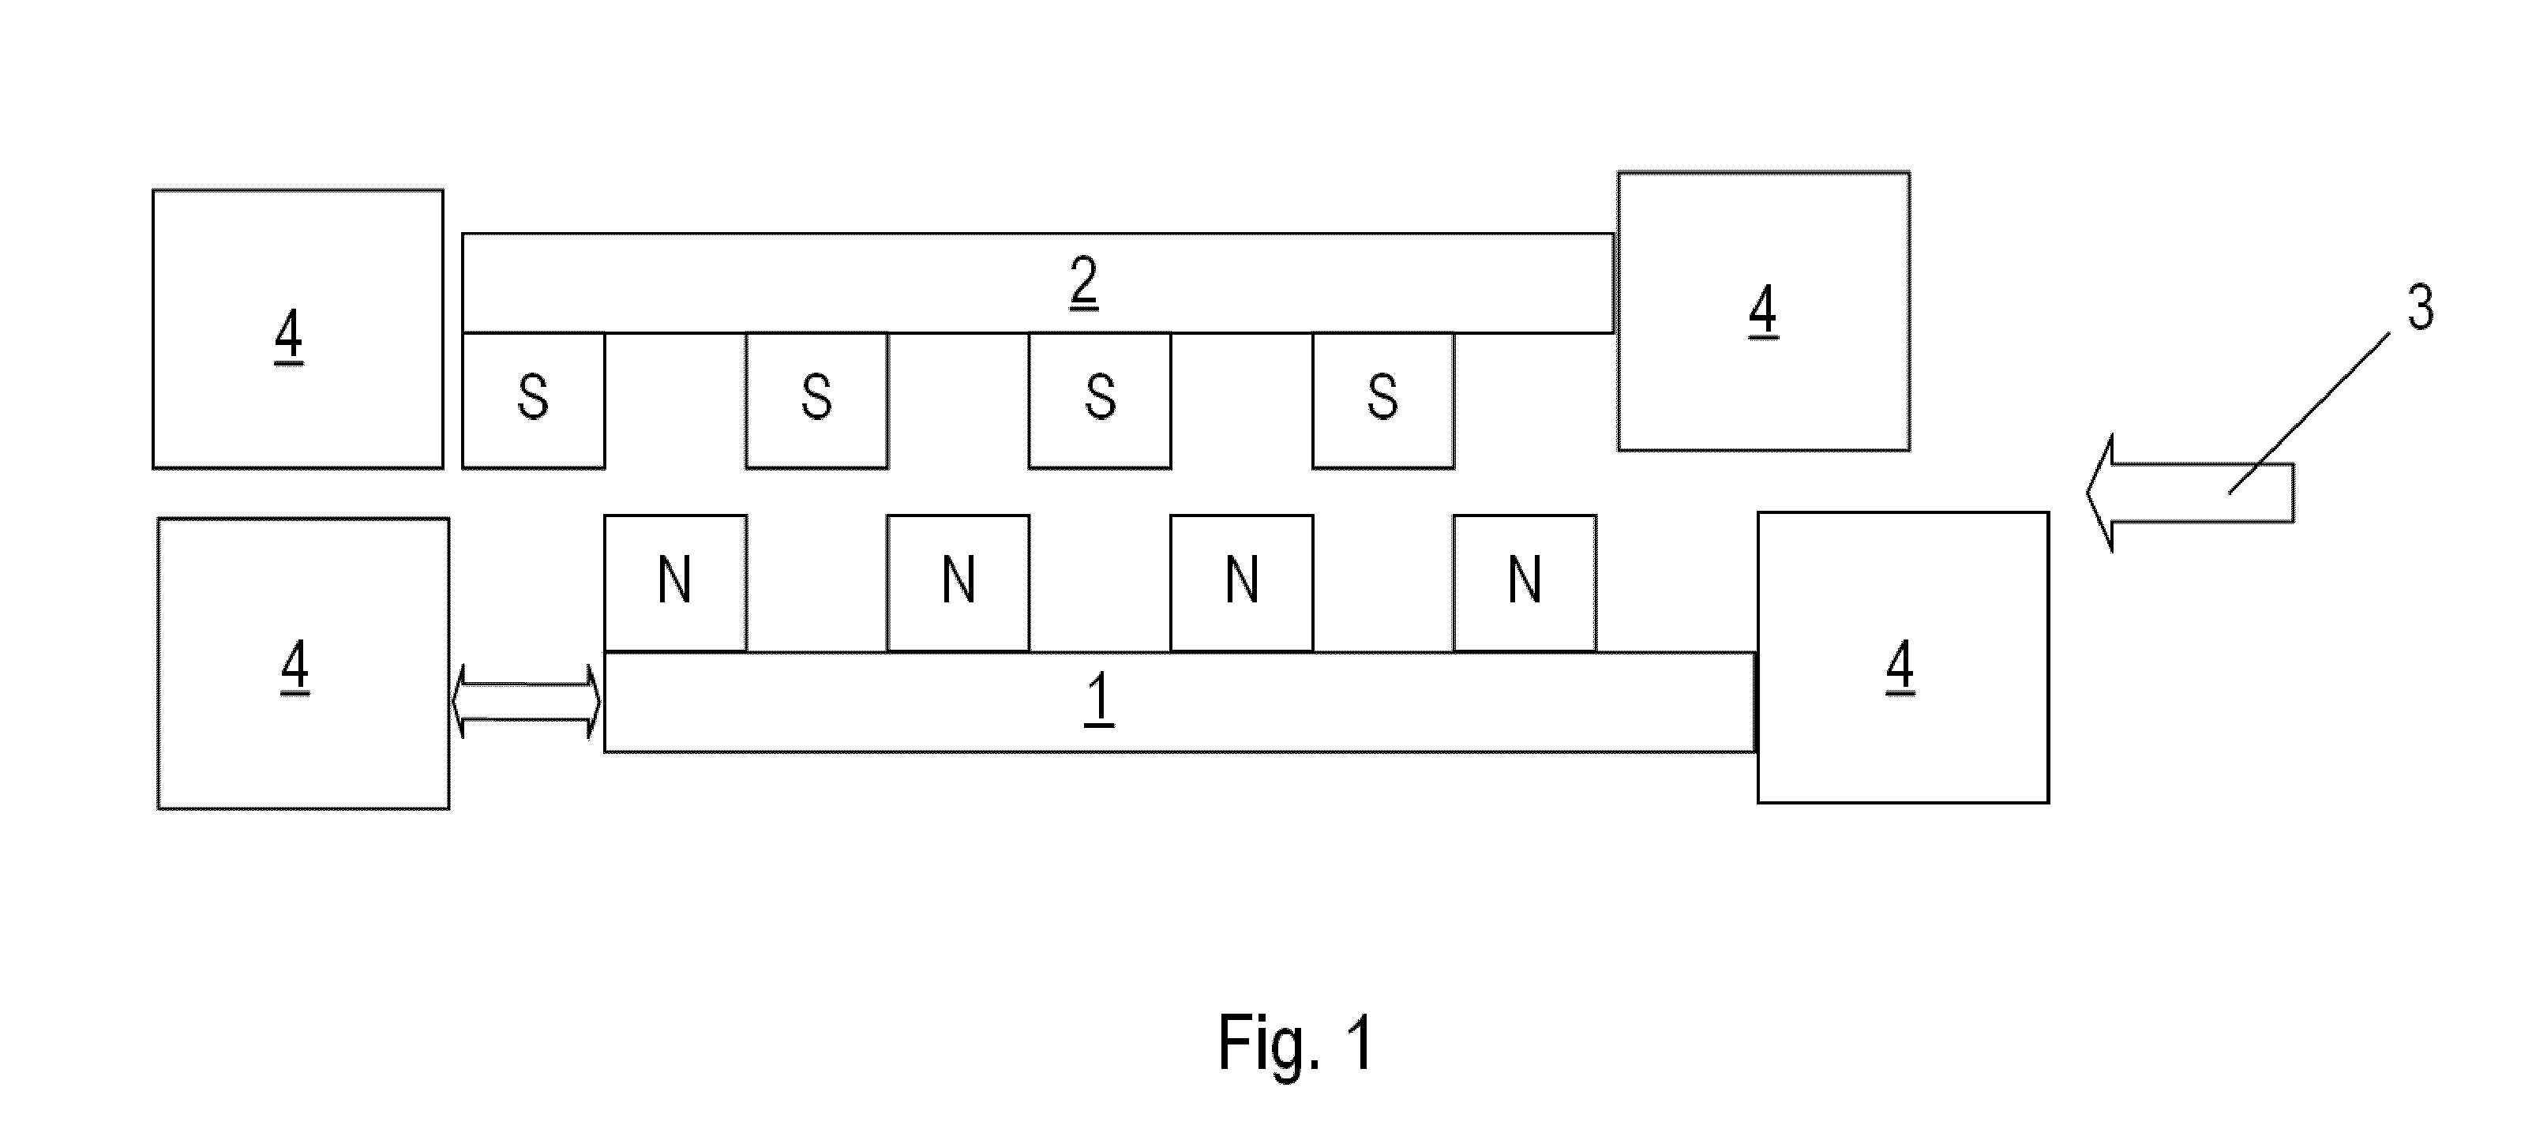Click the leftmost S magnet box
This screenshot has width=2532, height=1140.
point(534,400)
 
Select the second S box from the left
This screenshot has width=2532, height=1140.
point(817,400)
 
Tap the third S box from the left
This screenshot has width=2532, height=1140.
point(1100,400)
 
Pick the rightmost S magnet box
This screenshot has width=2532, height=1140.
point(1383,400)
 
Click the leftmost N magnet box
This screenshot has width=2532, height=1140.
point(675,583)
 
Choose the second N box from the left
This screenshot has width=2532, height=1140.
point(958,583)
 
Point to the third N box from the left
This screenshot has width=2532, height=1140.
point(1241,583)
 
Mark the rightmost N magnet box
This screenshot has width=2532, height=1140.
point(1525,583)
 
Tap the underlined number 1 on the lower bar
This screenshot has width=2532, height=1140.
point(1099,699)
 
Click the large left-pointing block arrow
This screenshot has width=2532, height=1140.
point(2190,493)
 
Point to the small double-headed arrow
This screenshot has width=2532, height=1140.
point(526,702)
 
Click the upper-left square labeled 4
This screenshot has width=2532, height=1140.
point(298,329)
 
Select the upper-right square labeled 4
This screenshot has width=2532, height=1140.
point(1765,312)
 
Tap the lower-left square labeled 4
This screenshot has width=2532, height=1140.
point(304,665)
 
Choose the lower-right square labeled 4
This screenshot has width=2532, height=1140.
point(1903,658)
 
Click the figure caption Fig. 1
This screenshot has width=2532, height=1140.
point(1296,1043)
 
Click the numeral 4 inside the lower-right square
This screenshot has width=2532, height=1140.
point(1900,666)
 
